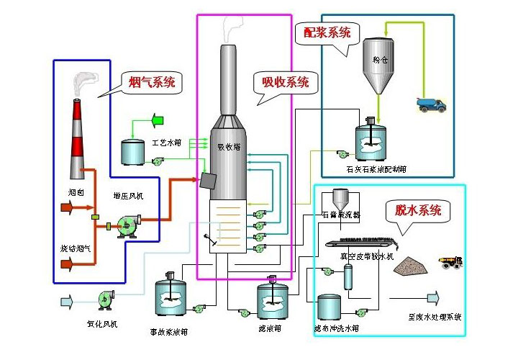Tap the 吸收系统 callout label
(x=286, y=82)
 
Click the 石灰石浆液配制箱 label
(x=376, y=170)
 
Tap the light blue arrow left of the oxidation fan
(x=65, y=300)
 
